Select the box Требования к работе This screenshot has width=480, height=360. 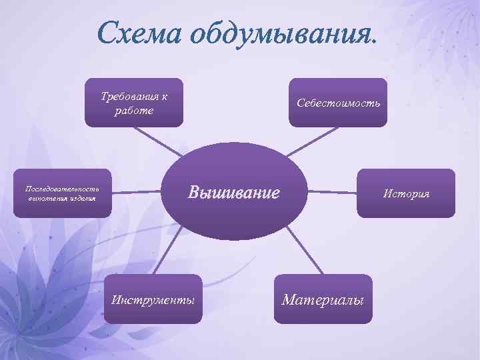tap(133, 103)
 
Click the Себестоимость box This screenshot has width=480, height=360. tap(338, 103)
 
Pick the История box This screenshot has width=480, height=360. tap(406, 193)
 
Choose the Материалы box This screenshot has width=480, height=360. tap(323, 299)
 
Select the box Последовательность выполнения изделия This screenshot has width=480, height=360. tap(62, 193)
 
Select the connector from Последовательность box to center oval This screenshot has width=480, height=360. tap(137, 193)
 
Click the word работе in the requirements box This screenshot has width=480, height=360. tap(133, 111)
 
